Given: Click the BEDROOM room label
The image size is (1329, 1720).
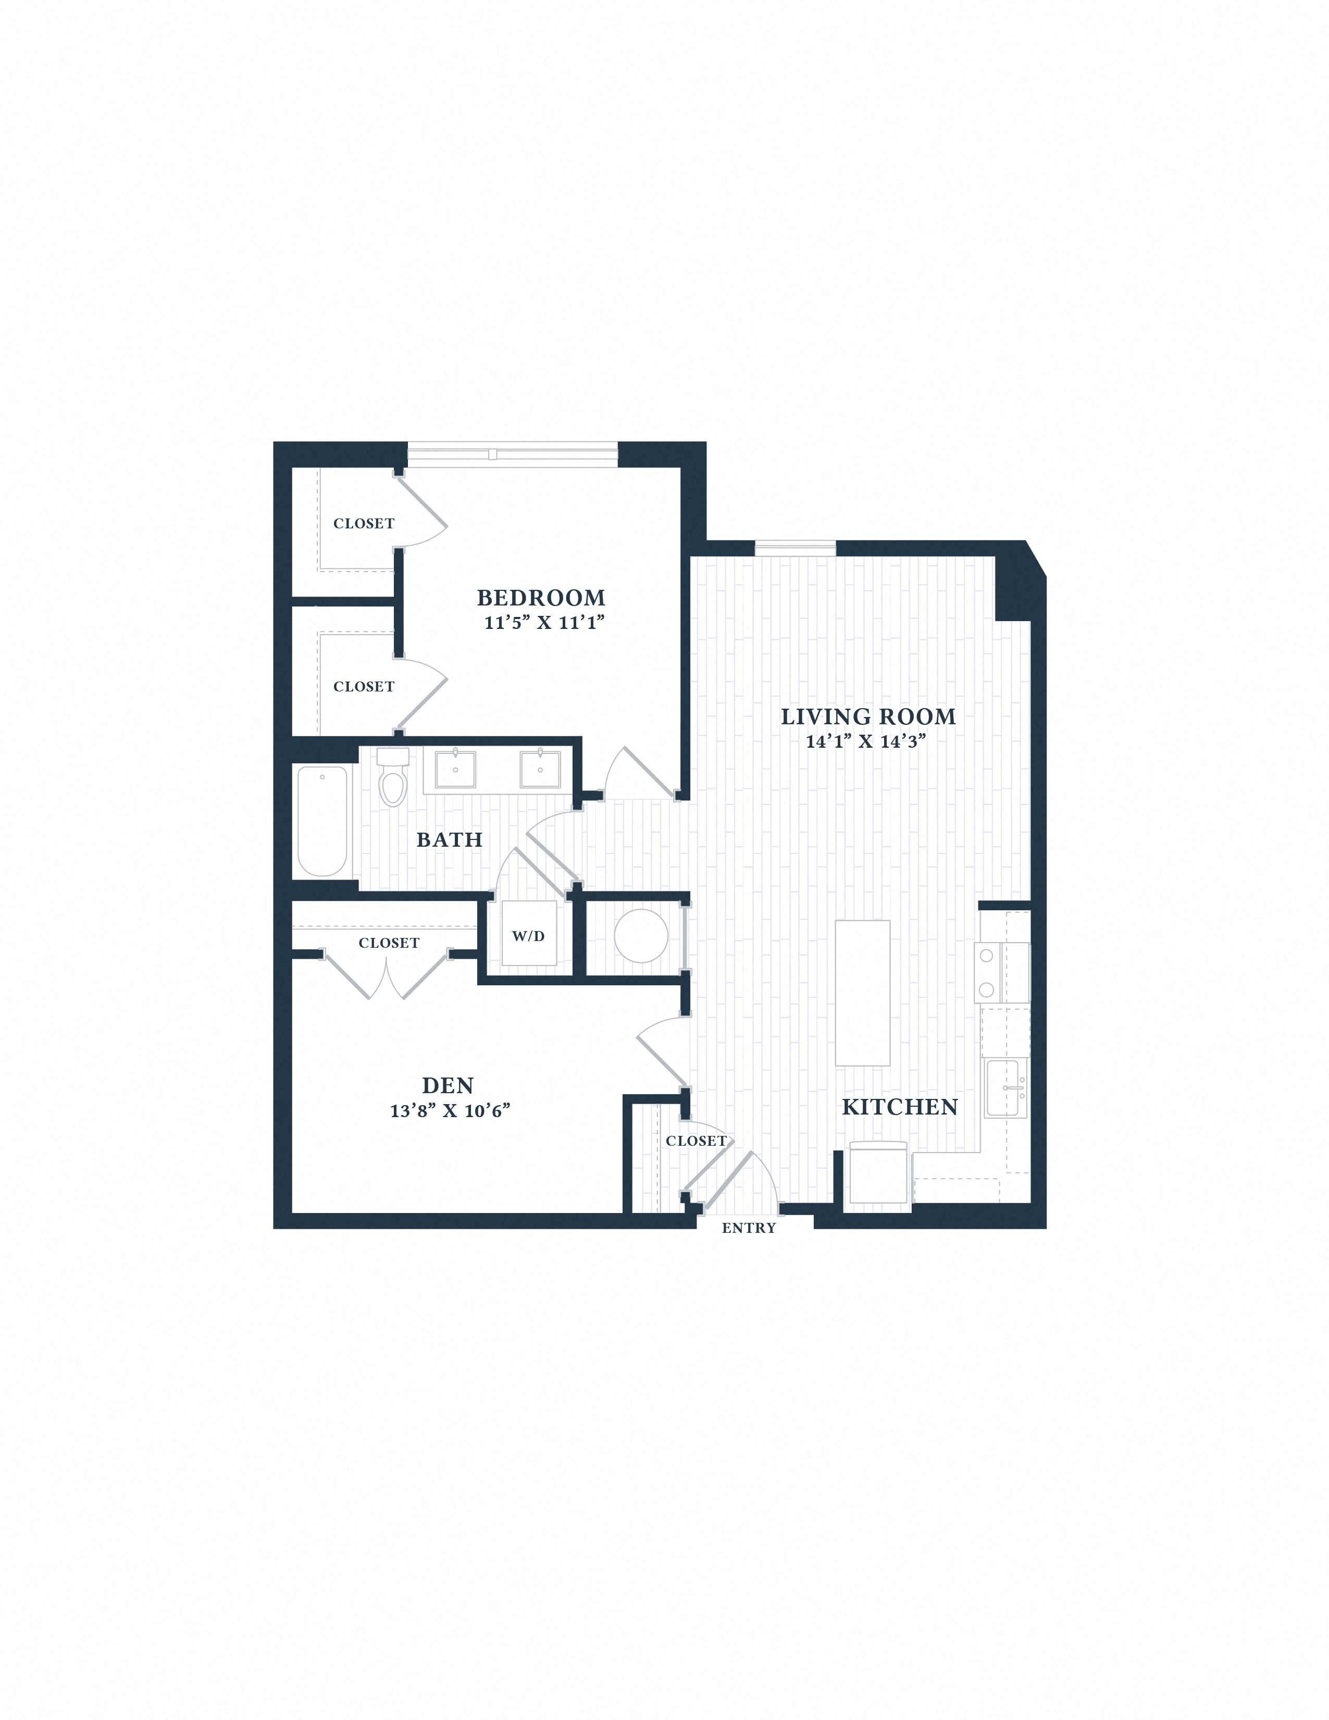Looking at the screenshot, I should click(541, 598).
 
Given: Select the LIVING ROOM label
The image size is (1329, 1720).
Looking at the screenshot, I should click(867, 716).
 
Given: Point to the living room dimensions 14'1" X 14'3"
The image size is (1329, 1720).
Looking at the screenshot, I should click(865, 741).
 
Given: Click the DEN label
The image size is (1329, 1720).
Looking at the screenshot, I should click(447, 1086).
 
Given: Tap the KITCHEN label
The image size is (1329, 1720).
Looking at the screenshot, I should click(899, 1107).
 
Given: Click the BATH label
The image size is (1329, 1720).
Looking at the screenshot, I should click(449, 840).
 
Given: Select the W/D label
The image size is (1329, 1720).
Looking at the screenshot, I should click(528, 936).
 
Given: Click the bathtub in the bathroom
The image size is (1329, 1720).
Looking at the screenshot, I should click(322, 821).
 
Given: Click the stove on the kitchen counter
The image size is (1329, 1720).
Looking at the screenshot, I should click(1001, 973).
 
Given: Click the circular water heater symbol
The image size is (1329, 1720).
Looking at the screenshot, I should click(641, 936).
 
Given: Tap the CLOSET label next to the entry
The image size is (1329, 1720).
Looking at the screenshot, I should click(696, 1141).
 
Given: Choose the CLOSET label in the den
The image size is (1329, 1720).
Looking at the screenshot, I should click(389, 944).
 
